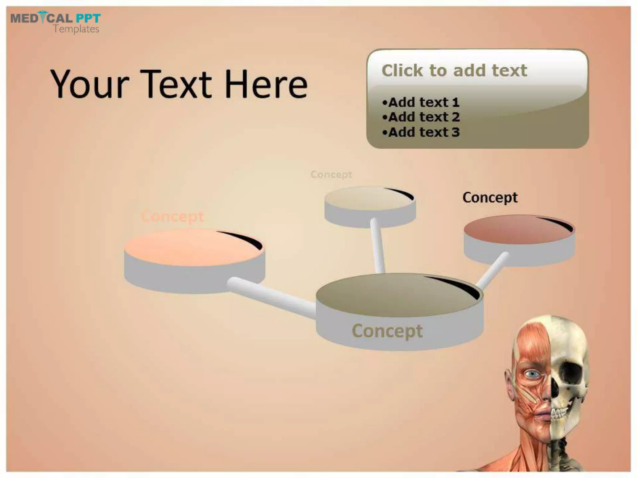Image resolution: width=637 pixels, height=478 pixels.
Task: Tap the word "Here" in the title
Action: coord(266,84)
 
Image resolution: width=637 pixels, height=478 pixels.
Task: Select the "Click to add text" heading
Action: coord(454,70)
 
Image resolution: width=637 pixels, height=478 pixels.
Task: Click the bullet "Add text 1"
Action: coord(421,102)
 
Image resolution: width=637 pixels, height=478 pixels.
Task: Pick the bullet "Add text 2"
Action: coord(421,117)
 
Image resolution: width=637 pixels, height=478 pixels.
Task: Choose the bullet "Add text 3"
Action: coord(421,132)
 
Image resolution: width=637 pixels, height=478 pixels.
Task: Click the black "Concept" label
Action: coord(490,197)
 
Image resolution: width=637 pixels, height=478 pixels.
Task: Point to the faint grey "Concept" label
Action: coord(331,175)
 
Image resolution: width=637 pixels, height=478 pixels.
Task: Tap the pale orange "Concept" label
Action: coord(172,216)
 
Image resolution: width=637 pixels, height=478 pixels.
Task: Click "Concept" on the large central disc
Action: coord(387,331)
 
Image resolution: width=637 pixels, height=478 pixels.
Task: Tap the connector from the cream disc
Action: coord(378,246)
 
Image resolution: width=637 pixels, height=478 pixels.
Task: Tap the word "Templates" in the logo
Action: coord(76,29)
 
